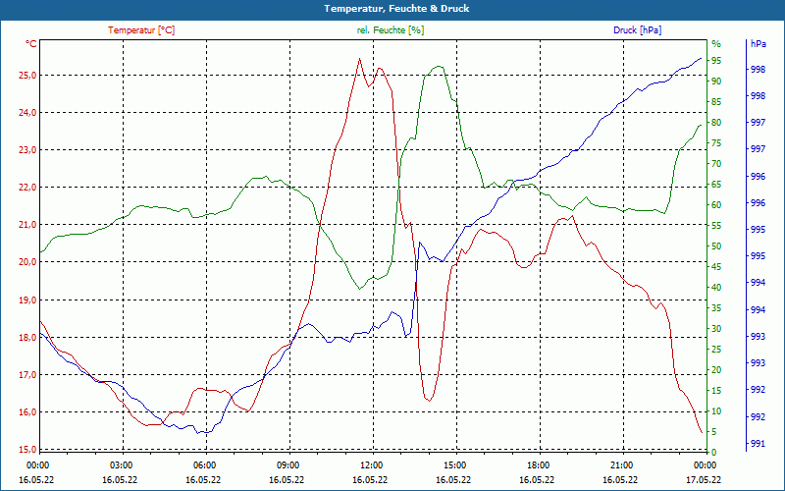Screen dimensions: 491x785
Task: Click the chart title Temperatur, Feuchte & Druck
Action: pyautogui.click(x=392, y=8)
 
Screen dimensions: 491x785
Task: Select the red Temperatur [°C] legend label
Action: pyautogui.click(x=141, y=30)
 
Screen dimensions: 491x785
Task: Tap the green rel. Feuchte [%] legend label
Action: pyautogui.click(x=391, y=30)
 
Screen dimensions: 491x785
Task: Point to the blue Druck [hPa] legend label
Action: pyautogui.click(x=637, y=30)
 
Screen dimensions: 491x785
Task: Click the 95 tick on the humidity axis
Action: pyautogui.click(x=716, y=61)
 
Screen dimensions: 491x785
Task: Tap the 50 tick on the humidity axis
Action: pyautogui.click(x=716, y=246)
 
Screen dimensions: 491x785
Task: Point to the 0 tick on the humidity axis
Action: pyautogui.click(x=713, y=452)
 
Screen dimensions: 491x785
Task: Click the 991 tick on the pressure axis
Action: pyautogui.click(x=758, y=444)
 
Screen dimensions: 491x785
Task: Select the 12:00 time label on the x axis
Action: pyautogui.click(x=371, y=464)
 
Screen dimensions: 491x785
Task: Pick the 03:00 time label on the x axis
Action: pyautogui.click(x=122, y=464)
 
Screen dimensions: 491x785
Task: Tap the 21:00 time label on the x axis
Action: pyautogui.click(x=620, y=464)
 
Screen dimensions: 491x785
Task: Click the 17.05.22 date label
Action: pyautogui.click(x=704, y=479)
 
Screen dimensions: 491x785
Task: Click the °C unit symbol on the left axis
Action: pyautogui.click(x=31, y=44)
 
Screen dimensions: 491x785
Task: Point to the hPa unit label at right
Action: pyautogui.click(x=758, y=44)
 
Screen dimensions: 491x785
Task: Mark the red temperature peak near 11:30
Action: pyautogui.click(x=359, y=59)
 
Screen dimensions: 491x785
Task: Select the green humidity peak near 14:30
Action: pyautogui.click(x=439, y=66)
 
